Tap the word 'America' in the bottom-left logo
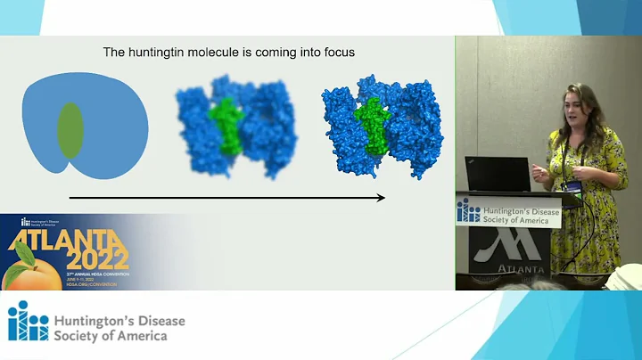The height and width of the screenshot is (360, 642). (135, 336)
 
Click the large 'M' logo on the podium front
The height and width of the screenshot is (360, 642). (511, 244)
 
